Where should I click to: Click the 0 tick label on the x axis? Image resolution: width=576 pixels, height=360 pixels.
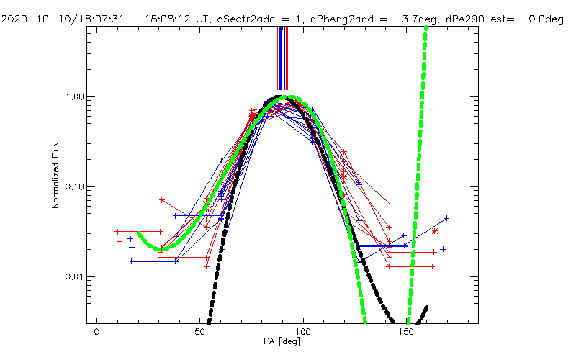point(96,335)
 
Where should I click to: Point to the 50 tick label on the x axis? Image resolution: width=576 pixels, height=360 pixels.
point(200,335)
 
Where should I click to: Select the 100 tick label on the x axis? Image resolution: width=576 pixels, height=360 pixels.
point(304,335)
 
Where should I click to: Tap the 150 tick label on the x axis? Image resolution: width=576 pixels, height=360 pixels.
point(408,335)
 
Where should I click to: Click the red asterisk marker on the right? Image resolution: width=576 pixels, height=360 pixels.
point(435,231)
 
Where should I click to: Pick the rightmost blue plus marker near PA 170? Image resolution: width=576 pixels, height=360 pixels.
point(446,218)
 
